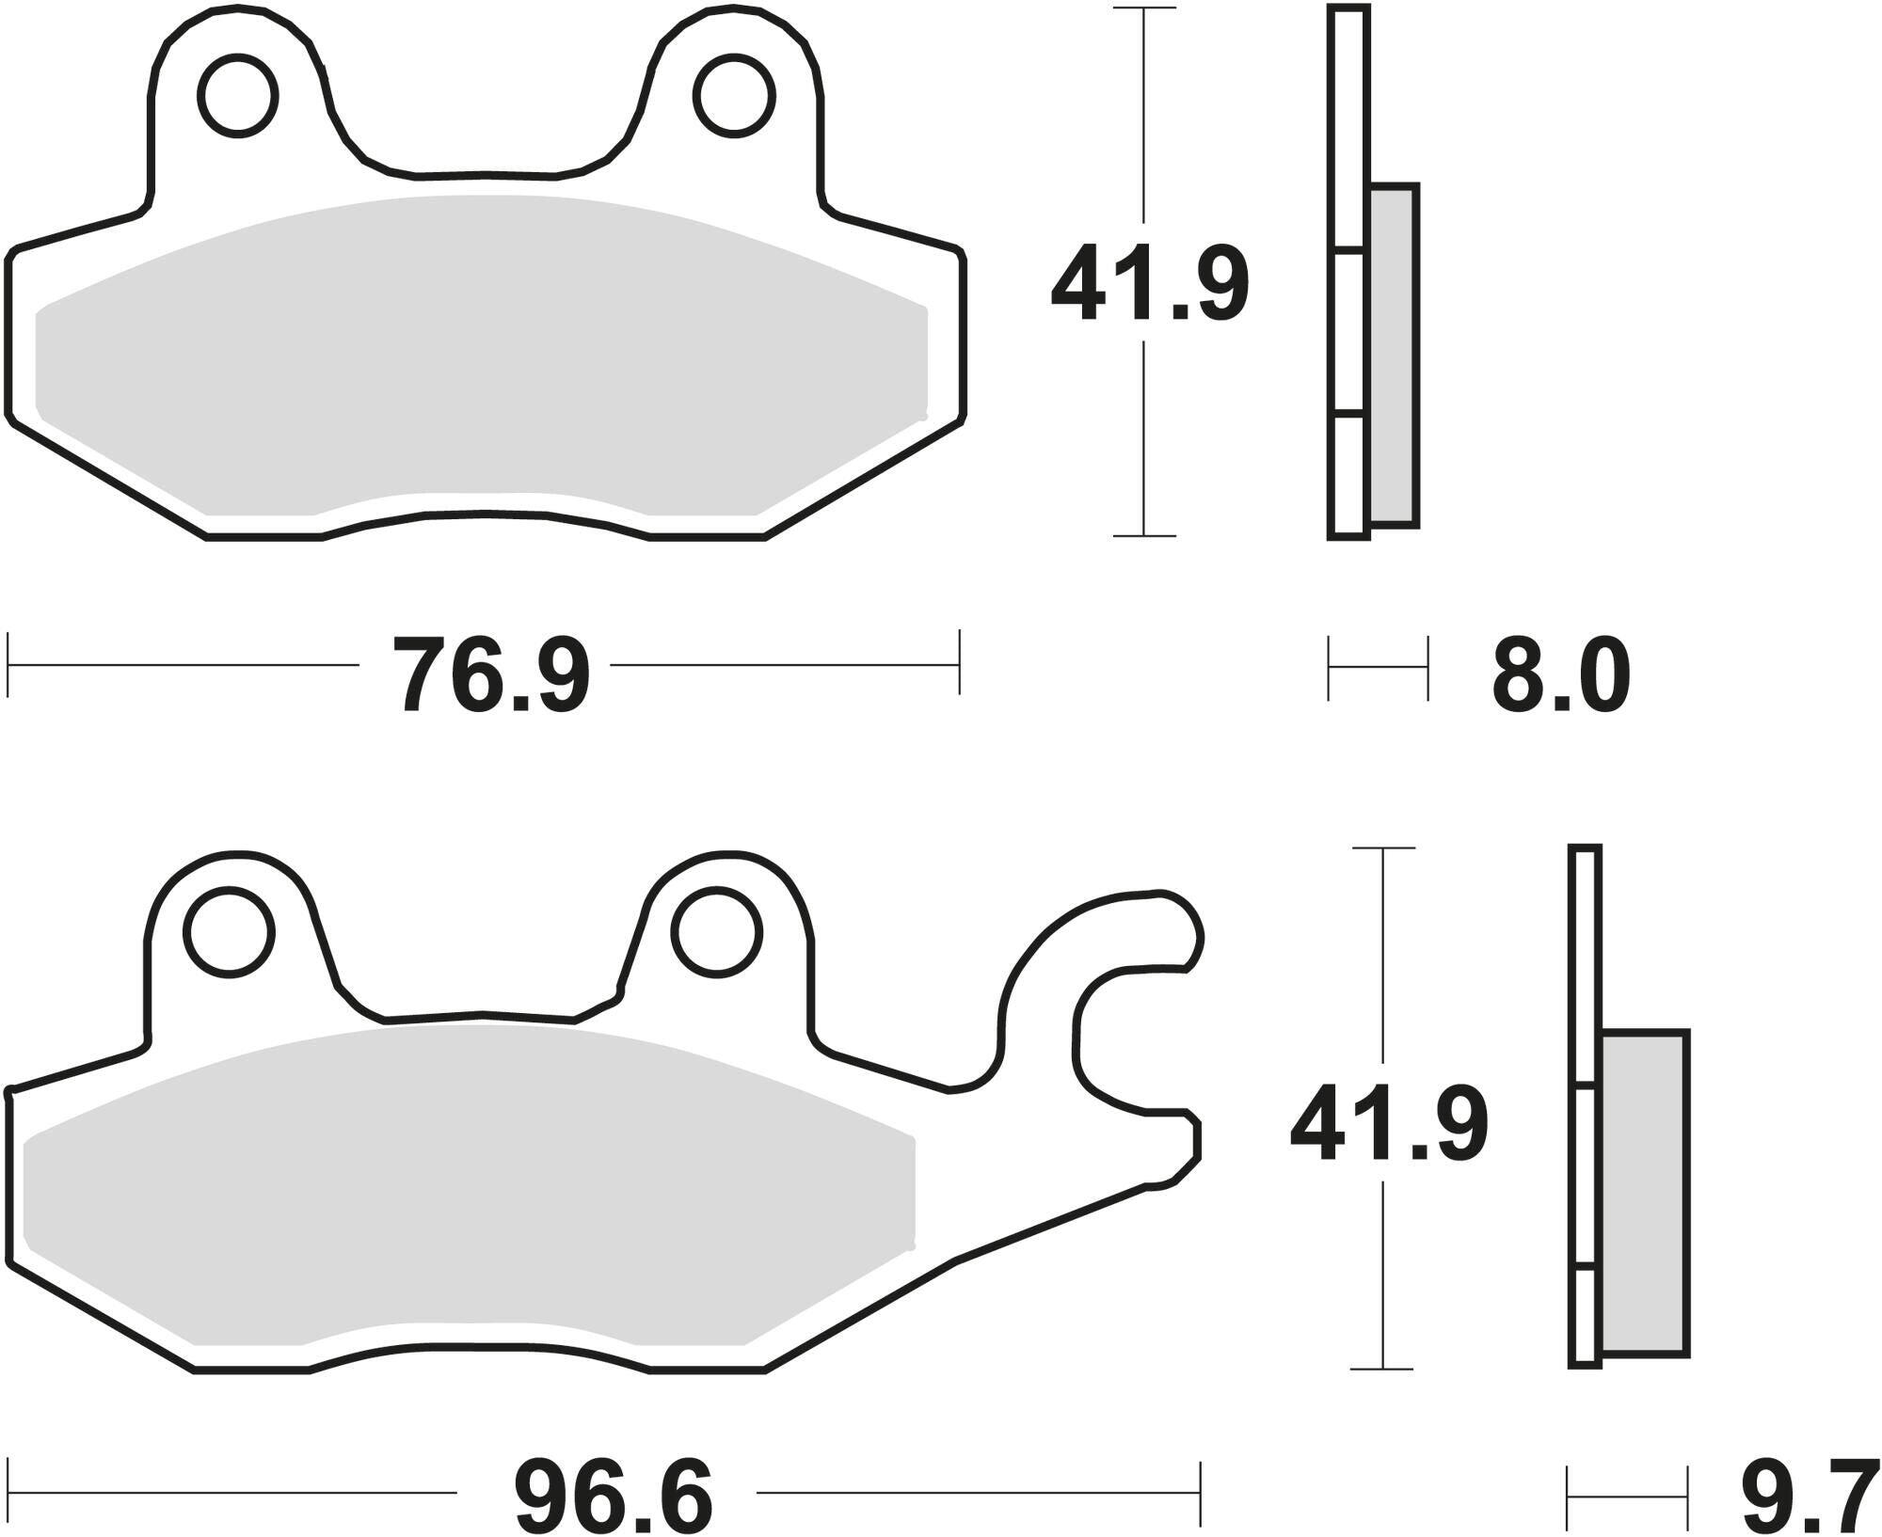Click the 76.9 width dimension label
(491, 674)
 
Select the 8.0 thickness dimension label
(1560, 674)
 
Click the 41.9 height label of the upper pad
(1150, 283)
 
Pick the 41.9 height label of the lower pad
(1389, 1122)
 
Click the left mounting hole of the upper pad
(238, 95)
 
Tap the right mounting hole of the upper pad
(735, 95)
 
